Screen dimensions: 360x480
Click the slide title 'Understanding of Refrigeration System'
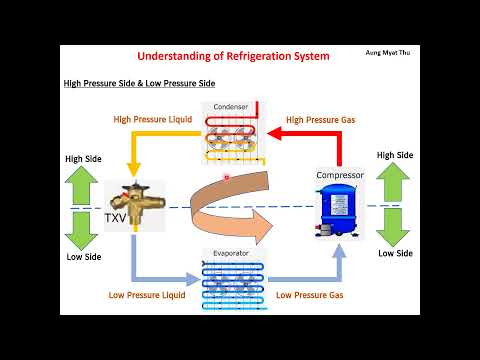(232, 57)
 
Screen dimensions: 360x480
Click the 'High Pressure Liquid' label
(149, 120)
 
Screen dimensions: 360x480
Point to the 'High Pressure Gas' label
(319, 120)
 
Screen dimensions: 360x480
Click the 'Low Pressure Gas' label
(311, 295)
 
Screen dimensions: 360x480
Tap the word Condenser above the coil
(230, 108)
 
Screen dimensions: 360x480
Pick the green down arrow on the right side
(395, 226)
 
